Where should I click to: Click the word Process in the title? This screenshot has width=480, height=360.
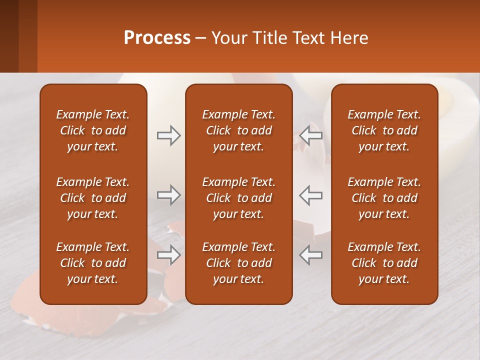coord(157,38)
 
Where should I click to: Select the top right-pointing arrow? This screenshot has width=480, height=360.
coord(168,135)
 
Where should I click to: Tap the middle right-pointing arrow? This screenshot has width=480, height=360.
coord(168,195)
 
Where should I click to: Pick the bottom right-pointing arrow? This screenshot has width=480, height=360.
coord(168,255)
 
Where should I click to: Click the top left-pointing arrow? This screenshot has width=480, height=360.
coord(311,135)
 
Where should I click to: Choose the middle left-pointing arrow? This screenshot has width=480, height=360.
coord(311,195)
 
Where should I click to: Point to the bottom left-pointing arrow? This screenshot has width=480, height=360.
coord(311,255)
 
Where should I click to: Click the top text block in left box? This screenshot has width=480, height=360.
coord(93,130)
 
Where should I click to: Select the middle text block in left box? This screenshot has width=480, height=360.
coord(93,198)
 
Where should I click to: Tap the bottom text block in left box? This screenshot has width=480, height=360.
coord(93,263)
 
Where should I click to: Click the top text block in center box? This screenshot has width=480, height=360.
coord(238,130)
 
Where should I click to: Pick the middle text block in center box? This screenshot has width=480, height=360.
coord(238,198)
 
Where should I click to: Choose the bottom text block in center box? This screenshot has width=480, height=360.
coord(238,263)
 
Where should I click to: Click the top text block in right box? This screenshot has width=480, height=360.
coord(384,130)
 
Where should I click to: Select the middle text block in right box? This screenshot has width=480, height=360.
coord(384,198)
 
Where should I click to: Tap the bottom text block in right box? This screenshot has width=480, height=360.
coord(384,263)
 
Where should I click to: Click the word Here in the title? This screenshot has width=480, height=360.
coord(349,38)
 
